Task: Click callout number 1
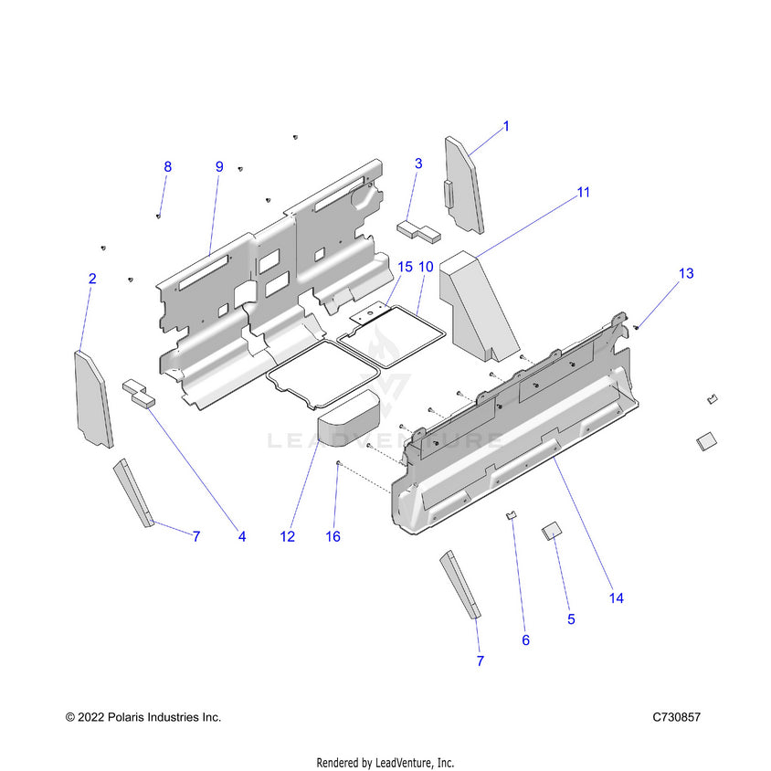(506, 126)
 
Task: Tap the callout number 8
(167, 166)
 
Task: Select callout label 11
(583, 192)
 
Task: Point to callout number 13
(685, 273)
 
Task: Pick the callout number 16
(333, 536)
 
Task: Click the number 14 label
(616, 597)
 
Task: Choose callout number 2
(92, 279)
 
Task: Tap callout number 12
(288, 536)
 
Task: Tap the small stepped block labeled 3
(418, 228)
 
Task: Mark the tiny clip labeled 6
(512, 517)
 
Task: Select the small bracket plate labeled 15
(370, 314)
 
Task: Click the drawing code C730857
(676, 717)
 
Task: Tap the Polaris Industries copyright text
(143, 717)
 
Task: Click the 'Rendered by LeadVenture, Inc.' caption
(385, 762)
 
